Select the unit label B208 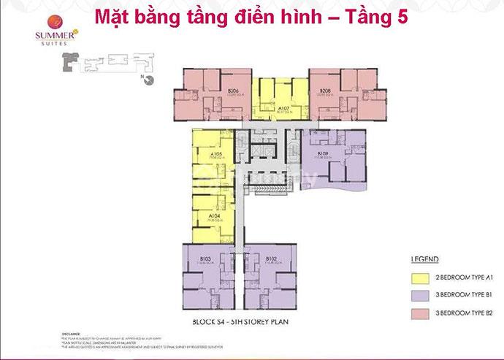pos(326,91)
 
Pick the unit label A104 pos(214,216)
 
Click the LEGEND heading pos(424,259)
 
